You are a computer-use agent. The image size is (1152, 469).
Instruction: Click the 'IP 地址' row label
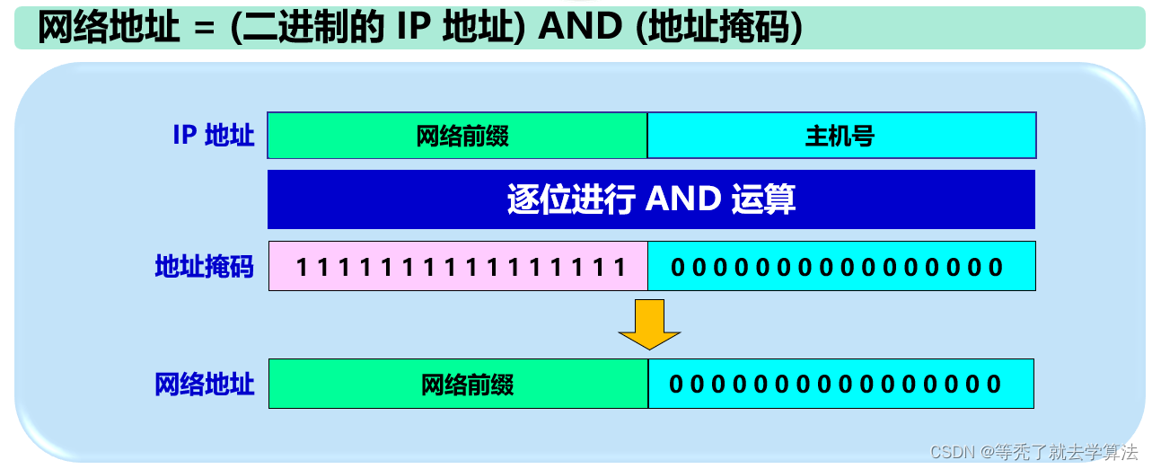tap(214, 136)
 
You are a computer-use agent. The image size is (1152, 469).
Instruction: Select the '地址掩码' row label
tap(205, 267)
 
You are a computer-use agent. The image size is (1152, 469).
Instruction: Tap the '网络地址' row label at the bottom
tap(205, 385)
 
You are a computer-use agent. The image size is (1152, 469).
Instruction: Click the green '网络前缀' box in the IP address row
tap(458, 136)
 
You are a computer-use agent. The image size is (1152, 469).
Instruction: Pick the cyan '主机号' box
tap(841, 136)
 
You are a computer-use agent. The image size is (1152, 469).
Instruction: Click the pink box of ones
tap(458, 267)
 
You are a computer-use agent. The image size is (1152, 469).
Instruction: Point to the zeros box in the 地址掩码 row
tap(841, 267)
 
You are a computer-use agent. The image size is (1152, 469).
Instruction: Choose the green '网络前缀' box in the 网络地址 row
tap(458, 385)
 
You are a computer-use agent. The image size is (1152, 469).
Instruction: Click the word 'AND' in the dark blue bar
tap(683, 199)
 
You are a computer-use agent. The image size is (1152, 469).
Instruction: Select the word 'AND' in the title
tap(580, 28)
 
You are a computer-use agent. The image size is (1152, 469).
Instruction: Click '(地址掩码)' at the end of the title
tap(717, 28)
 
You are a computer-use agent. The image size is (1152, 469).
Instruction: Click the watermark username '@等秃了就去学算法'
tap(1059, 452)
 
